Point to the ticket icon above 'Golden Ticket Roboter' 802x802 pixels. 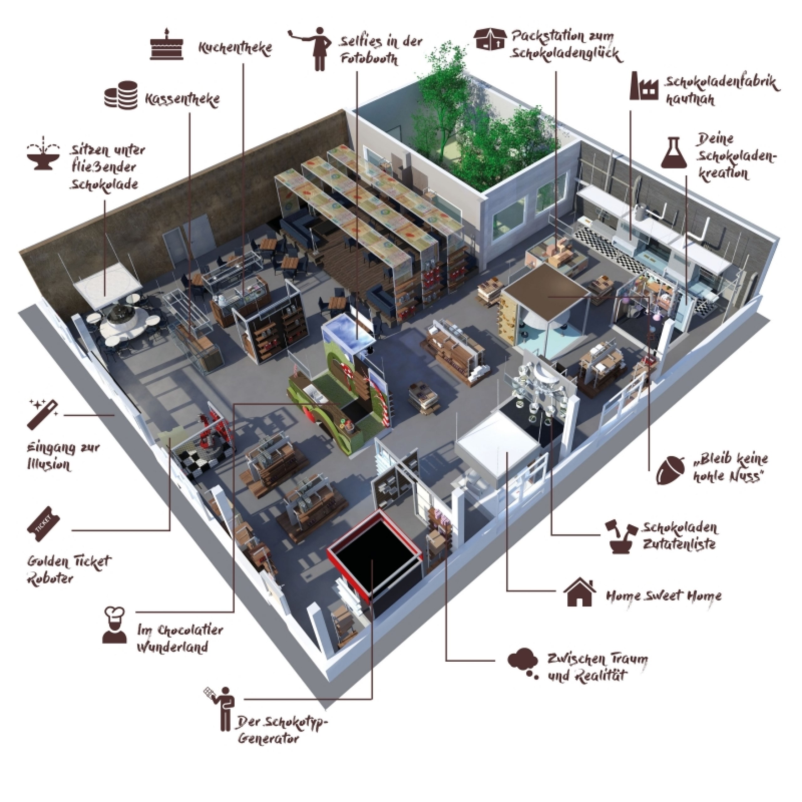(44, 525)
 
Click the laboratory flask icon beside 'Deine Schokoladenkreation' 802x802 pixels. (675, 153)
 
